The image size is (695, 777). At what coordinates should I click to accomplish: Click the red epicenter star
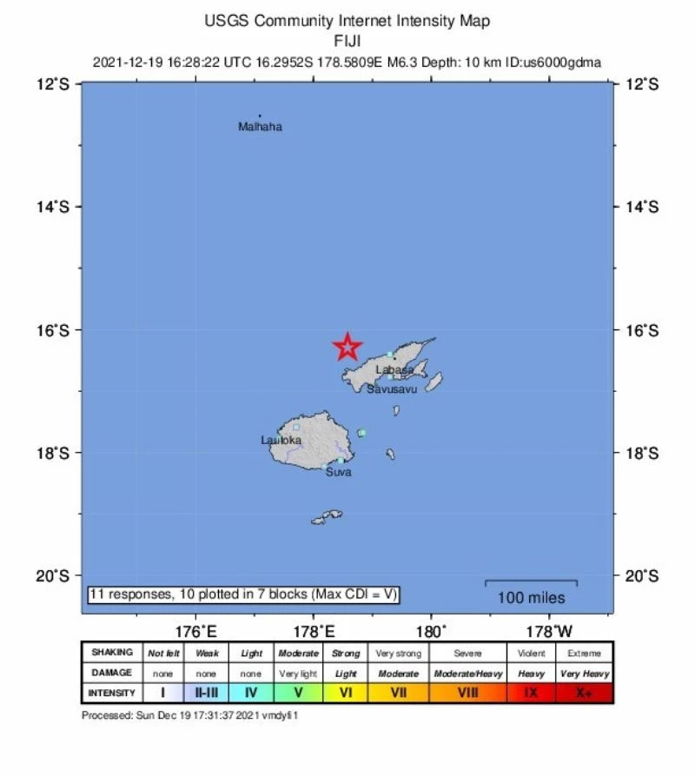pos(347,347)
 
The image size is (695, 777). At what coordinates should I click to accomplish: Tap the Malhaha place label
pos(260,127)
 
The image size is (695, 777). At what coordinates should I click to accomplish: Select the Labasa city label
pos(394,370)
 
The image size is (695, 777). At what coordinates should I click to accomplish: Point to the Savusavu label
pos(392,389)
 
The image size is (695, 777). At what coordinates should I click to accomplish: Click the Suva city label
pos(338,472)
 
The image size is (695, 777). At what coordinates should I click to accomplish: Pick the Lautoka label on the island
pos(281,440)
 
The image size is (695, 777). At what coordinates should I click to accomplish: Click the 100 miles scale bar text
pos(531,598)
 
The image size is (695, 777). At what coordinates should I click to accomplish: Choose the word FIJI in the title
pos(347,40)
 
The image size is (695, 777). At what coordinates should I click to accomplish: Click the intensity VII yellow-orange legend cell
pos(399,693)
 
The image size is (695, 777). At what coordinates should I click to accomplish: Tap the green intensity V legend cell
pos(298,693)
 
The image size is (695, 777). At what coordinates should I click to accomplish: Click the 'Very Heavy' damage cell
pos(584,674)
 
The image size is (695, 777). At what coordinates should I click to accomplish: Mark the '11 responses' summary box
pos(244,594)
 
